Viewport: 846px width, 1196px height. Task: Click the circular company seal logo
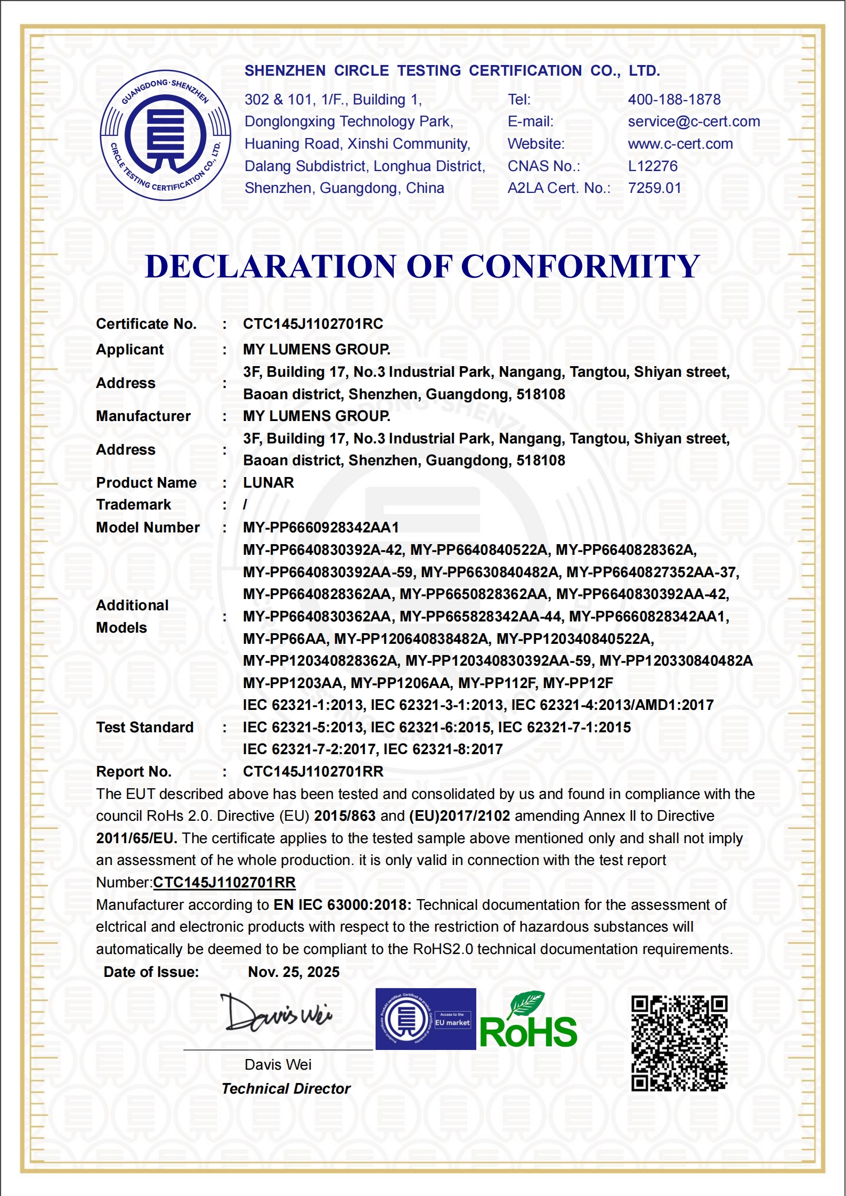coord(166,135)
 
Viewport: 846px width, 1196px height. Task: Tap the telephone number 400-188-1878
coord(674,100)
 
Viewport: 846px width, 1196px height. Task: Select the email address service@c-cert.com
coord(694,122)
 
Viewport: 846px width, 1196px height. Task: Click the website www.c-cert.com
coord(680,144)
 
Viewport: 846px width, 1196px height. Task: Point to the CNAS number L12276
coord(653,166)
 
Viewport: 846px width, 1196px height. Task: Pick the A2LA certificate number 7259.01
coord(654,188)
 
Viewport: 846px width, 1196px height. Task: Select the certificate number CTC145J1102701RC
coord(313,324)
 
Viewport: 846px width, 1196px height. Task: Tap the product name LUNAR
coord(269,483)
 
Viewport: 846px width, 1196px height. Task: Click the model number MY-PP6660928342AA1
coord(321,528)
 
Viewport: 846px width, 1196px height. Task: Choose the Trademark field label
coord(133,505)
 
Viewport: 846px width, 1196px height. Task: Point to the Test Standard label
coord(144,728)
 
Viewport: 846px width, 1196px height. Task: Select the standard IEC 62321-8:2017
coord(443,750)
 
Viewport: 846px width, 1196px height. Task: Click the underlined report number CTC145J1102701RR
coord(224,883)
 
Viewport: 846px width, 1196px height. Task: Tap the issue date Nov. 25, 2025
coord(294,972)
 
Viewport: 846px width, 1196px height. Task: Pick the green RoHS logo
coord(528,1022)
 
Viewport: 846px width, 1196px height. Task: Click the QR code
coord(679,1043)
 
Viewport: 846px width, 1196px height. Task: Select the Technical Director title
coord(286,1089)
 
